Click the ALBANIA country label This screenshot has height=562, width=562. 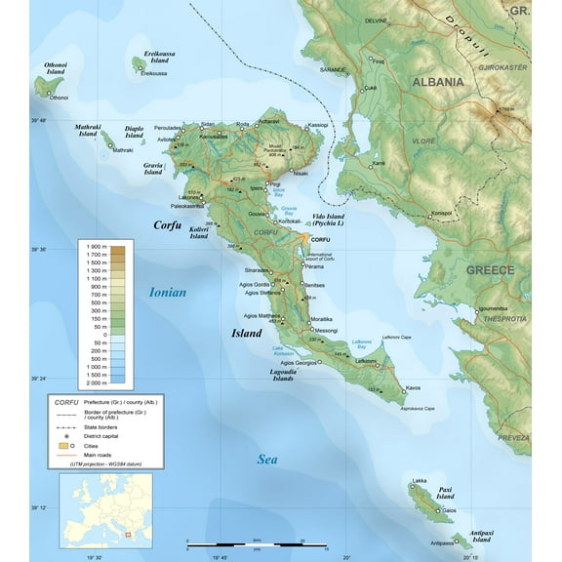tap(438, 82)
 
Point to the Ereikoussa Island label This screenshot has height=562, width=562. tap(158, 57)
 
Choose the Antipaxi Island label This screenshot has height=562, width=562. tap(481, 535)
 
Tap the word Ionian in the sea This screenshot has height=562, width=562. tap(168, 292)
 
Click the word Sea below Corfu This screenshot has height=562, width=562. tap(268, 460)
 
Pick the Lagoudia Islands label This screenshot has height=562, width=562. tap(283, 376)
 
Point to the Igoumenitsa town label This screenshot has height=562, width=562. tap(494, 308)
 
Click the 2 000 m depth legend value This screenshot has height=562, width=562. tap(96, 383)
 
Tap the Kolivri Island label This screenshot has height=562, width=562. tap(199, 232)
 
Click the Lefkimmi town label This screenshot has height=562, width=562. tap(366, 361)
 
